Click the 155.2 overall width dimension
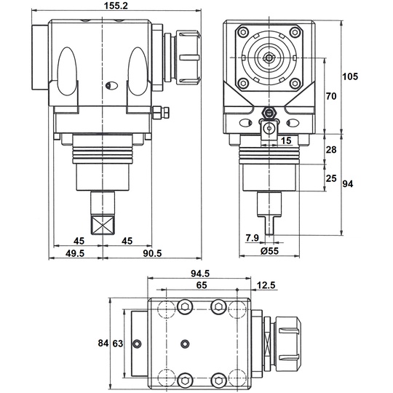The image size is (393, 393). tap(116, 6)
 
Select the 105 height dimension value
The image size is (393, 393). tap(350, 76)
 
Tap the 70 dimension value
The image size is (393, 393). tap(331, 96)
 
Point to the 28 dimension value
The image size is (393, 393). tap(331, 150)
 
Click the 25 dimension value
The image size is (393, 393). tap(331, 178)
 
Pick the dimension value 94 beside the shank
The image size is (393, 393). tap(348, 184)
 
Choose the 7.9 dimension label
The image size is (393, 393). tap(252, 237)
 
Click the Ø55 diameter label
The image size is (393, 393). tap(269, 250)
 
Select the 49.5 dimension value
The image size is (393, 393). tap(75, 253)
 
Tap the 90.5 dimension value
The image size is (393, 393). tap(152, 253)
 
